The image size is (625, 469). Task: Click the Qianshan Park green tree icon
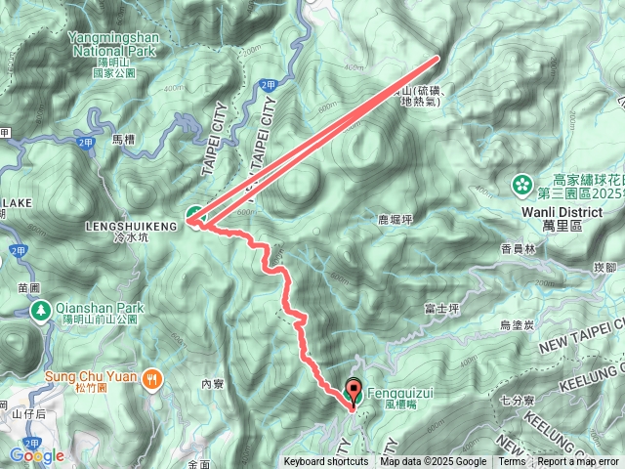point(41,311)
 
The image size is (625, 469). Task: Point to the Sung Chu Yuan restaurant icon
point(151,378)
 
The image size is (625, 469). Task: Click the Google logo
point(36,455)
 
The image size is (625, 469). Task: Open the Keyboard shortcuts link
point(326,462)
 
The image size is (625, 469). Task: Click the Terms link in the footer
point(512,462)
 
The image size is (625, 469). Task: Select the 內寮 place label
point(213,385)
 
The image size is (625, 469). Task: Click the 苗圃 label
point(26,288)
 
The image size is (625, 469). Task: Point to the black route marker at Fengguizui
point(353,389)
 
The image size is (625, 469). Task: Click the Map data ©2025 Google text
point(434,462)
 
